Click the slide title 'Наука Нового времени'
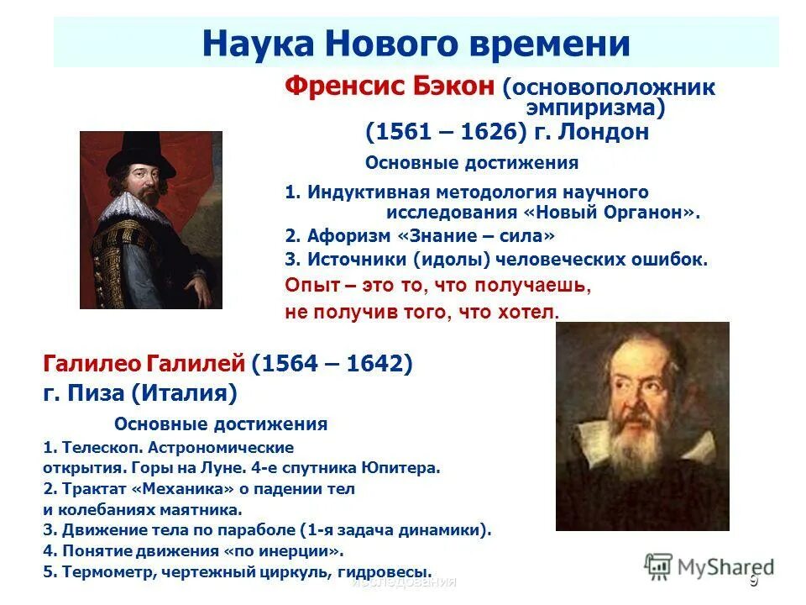(416, 43)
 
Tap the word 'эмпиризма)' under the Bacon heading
(595, 108)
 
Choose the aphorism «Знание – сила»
(479, 236)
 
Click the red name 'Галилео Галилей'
(144, 364)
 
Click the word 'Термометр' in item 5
(99, 571)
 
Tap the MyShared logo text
(722, 567)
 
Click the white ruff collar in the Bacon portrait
(134, 207)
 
